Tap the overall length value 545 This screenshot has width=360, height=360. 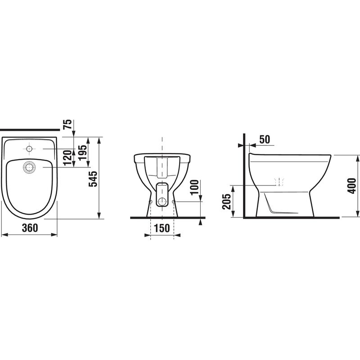click(94, 179)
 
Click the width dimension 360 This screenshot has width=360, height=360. click(29, 228)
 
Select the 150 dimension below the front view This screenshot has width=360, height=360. click(162, 228)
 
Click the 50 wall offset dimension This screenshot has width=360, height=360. click(265, 139)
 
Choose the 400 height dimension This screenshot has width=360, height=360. click(352, 185)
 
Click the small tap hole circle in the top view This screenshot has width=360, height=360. click(30, 148)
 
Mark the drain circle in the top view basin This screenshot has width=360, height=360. click(30, 167)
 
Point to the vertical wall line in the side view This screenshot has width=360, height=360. click(243, 180)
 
